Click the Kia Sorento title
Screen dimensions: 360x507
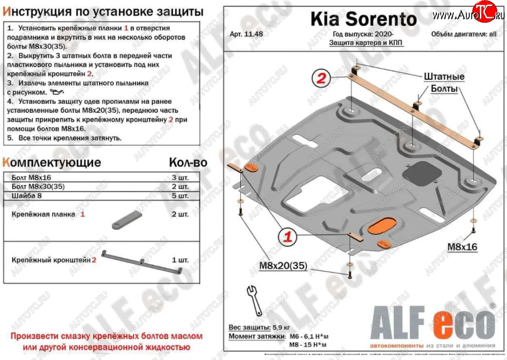363,19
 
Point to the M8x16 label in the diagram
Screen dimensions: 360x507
461,247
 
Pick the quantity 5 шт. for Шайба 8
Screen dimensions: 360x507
180,196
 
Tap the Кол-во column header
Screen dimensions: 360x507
188,162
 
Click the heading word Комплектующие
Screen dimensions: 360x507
52,162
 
